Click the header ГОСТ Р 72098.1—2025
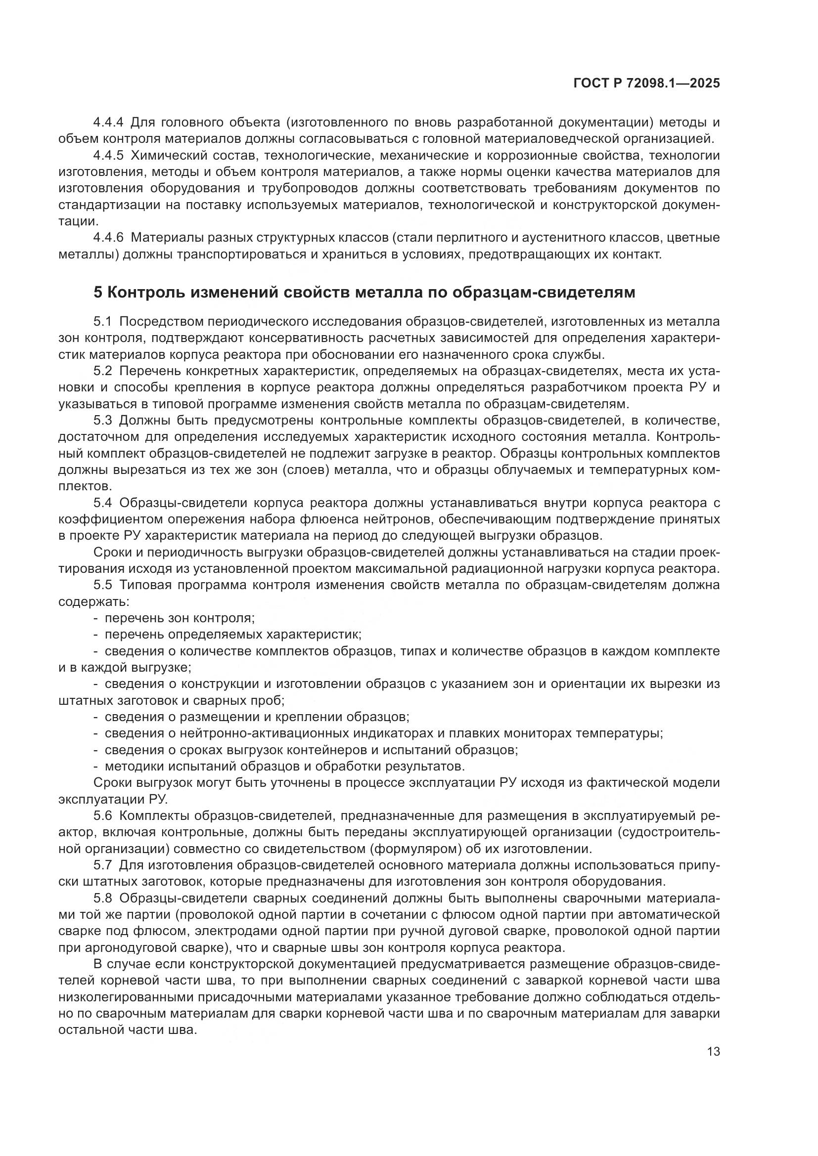pyautogui.click(x=646, y=84)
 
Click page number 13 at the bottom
pyautogui.click(x=713, y=1052)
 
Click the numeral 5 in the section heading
pyautogui.click(x=98, y=293)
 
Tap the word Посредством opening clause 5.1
pyautogui.click(x=160, y=322)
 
